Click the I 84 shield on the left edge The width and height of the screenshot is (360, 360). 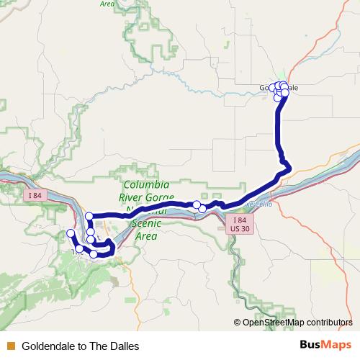tap(34, 196)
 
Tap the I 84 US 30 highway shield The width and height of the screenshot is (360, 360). tap(240, 224)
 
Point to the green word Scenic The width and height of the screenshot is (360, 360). tap(146, 223)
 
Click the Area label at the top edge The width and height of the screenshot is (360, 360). tap(107, 4)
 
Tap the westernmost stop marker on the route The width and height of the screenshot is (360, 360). tap(70, 233)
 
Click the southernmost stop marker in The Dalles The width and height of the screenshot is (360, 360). tap(94, 254)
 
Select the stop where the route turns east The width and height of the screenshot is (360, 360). tap(89, 216)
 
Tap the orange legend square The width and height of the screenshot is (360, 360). tap(10, 346)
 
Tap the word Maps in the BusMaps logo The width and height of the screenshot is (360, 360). tap(337, 345)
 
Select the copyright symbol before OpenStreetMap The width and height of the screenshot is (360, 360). tap(238, 323)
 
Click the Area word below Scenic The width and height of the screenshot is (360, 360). tap(146, 235)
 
